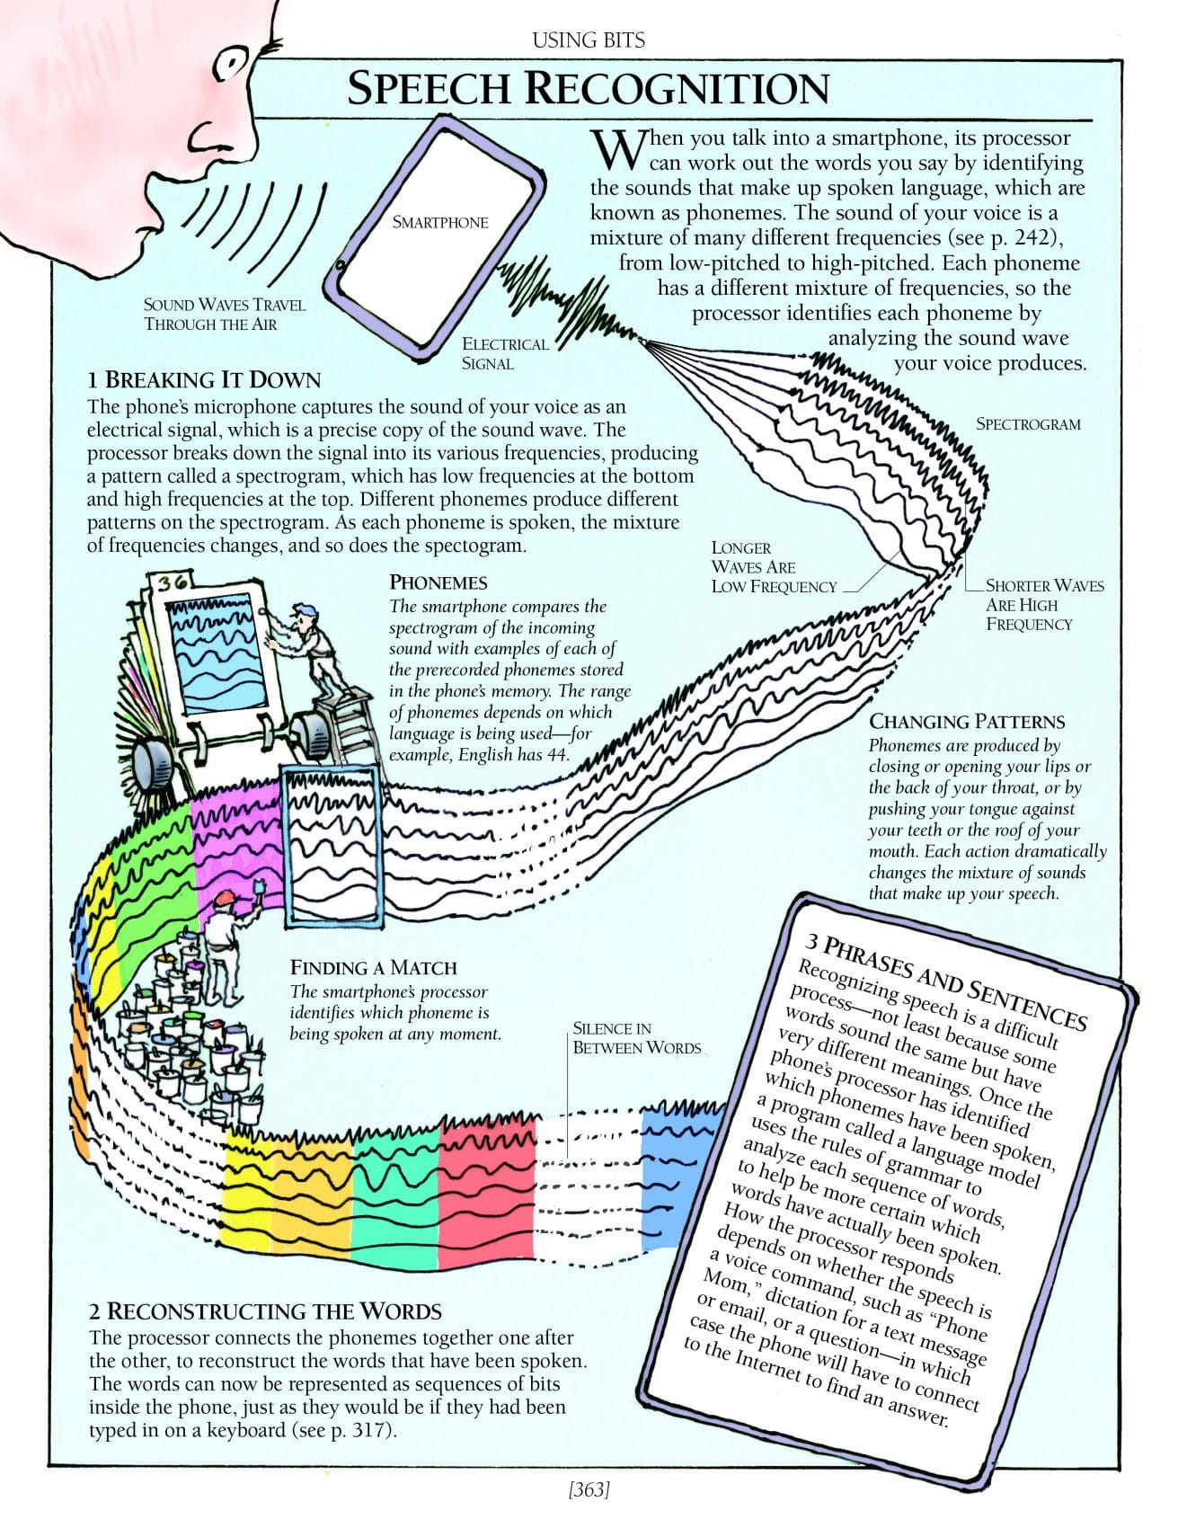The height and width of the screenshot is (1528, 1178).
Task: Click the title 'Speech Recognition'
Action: (x=588, y=89)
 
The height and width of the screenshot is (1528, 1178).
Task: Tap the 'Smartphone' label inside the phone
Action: (x=439, y=222)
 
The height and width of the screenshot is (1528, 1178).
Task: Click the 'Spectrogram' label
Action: (x=1028, y=423)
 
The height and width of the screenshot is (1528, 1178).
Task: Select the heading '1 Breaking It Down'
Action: (x=204, y=380)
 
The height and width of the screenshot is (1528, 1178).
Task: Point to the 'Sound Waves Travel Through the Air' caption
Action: (x=225, y=314)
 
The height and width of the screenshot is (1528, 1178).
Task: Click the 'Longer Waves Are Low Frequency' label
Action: (x=773, y=567)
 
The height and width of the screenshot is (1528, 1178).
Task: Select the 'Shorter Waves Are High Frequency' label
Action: (x=1044, y=605)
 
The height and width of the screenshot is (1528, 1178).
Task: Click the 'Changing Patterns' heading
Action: (x=966, y=722)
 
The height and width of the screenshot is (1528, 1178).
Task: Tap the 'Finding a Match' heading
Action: (x=373, y=968)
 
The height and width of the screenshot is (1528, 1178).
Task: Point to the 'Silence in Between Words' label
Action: (x=636, y=1038)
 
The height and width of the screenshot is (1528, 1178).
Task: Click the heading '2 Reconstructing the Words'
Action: (x=265, y=1310)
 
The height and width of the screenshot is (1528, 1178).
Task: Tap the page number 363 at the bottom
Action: (x=589, y=1490)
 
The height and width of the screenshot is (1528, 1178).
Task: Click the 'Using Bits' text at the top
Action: (x=589, y=40)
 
